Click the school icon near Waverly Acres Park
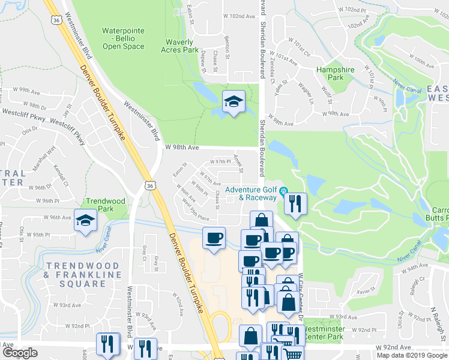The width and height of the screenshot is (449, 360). coord(232,101)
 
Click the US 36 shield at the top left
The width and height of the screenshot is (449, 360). coord(56,20)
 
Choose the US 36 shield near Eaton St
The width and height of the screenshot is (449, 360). coord(149,187)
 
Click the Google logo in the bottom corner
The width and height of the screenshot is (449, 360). coord(20,353)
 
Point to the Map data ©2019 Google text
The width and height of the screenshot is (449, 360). coord(412,355)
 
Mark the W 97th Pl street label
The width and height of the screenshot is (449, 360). coord(220,161)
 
